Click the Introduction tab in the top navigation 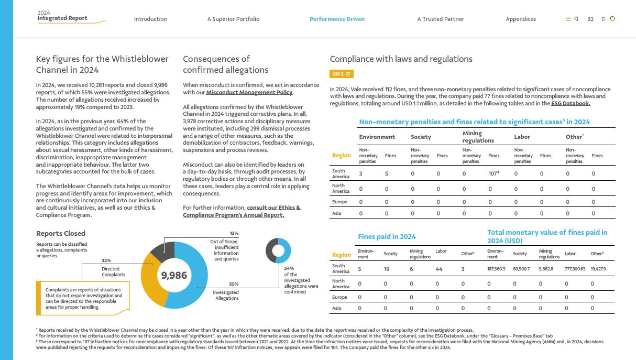[150, 19]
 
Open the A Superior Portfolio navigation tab [233, 19]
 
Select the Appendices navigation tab [521, 19]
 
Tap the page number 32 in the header [590, 19]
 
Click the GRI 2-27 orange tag [342, 74]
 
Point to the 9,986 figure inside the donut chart [174, 275]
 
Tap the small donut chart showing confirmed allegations [278, 250]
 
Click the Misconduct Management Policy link [249, 93]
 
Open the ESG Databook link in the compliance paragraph [571, 104]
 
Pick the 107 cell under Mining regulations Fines [492, 173]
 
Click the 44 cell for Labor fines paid [439, 269]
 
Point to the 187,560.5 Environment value [496, 269]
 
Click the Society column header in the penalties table [421, 137]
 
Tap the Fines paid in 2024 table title [387, 237]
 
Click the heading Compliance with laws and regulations [401, 59]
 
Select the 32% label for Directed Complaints [106, 260]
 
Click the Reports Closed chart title [61, 234]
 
